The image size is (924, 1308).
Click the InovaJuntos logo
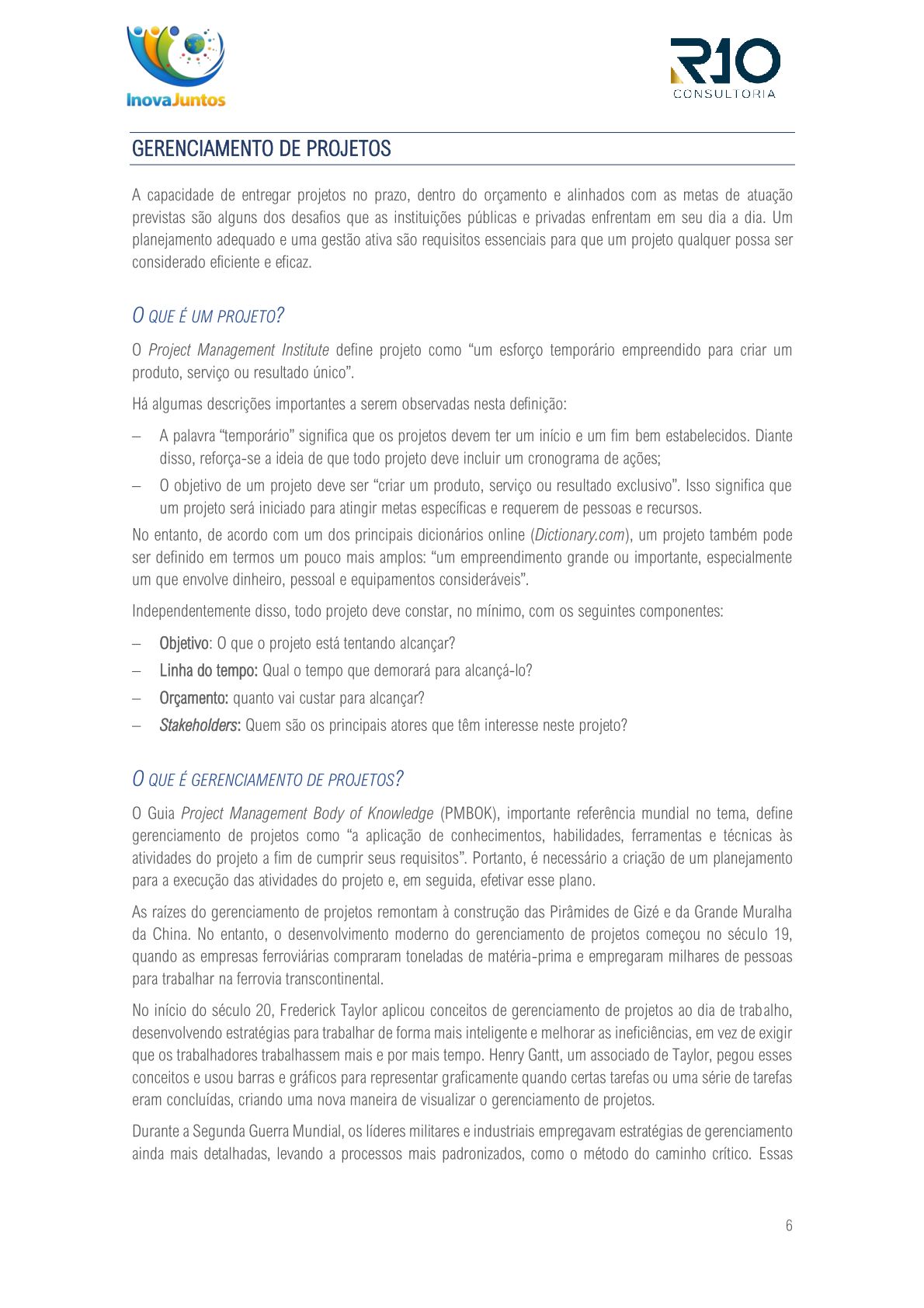176,66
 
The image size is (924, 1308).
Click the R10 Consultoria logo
725,68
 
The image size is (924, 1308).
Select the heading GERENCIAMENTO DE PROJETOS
262,148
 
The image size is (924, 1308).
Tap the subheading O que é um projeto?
208,315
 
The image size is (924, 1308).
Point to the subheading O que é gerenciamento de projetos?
268,779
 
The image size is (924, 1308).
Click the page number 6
789,1226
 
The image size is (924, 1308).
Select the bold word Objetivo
184,643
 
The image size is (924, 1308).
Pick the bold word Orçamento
193,697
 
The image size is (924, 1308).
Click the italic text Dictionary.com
579,535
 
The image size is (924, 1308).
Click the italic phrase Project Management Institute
238,350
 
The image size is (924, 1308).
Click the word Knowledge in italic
400,813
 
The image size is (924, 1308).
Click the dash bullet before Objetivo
137,644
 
